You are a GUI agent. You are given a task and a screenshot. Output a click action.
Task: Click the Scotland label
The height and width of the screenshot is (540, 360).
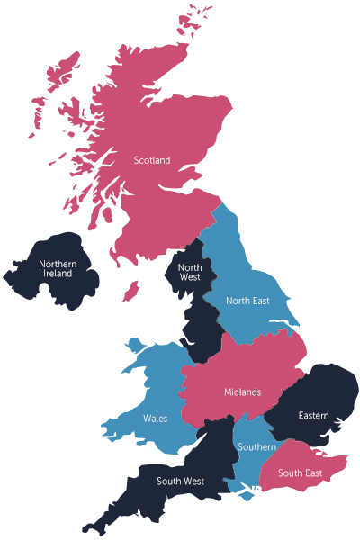pos(152,160)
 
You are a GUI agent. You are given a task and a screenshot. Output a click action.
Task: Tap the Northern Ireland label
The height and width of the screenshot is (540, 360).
pos(58,268)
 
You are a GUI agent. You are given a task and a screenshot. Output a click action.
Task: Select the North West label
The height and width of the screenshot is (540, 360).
pos(189,272)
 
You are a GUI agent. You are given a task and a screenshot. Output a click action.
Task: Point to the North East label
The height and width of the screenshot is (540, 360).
pos(247,301)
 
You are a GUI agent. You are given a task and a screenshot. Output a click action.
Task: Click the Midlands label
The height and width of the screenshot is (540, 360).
pos(242,391)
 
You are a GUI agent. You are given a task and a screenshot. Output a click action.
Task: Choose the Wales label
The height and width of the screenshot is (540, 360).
pos(155,418)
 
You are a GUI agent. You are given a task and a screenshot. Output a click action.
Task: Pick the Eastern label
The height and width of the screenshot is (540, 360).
pos(313,416)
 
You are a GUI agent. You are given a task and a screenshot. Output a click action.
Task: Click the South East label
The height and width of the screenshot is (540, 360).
pos(300,473)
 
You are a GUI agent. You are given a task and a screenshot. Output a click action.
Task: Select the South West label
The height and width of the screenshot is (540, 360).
pos(180,481)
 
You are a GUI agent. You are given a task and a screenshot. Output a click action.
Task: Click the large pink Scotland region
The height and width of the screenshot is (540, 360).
pos(144,108)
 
